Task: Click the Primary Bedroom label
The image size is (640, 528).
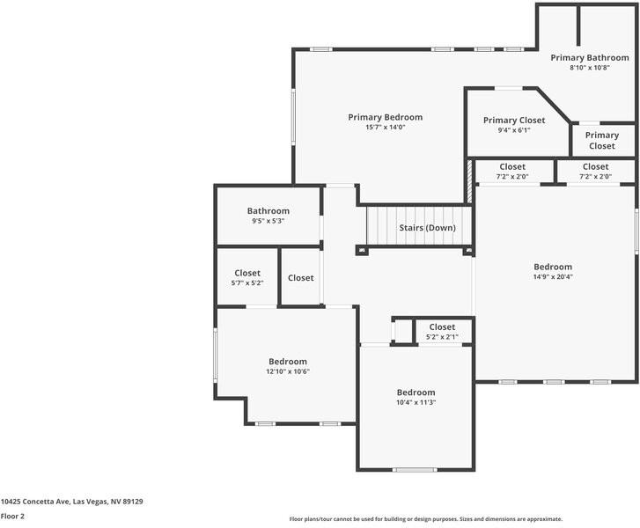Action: [386, 118]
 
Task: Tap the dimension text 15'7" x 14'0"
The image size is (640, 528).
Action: [386, 128]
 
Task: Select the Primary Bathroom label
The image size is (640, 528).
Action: [590, 58]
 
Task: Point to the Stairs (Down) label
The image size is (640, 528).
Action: [427, 228]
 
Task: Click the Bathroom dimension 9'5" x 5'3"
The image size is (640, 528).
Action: [269, 221]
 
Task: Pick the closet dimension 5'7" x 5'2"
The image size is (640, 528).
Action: [247, 282]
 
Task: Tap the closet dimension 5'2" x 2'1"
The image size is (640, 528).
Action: [442, 337]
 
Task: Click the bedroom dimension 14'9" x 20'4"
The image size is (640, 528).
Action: [553, 276]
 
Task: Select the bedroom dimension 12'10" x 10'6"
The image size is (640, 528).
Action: [288, 371]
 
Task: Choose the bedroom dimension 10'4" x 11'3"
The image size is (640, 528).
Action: [416, 402]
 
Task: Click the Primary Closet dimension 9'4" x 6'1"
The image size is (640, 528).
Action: [514, 130]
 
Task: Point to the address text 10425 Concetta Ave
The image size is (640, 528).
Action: [35, 502]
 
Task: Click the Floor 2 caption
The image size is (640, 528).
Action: [12, 517]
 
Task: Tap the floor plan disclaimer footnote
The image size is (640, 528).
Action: [426, 519]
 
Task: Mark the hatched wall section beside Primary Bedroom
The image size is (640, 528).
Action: [469, 181]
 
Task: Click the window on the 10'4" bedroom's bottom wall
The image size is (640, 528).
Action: [415, 470]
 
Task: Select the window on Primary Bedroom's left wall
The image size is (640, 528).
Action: [293, 116]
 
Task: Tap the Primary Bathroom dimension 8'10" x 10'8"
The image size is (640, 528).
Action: [590, 68]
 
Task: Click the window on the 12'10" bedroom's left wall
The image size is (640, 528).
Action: [215, 356]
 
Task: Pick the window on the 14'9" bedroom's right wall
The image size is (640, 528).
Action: [636, 231]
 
